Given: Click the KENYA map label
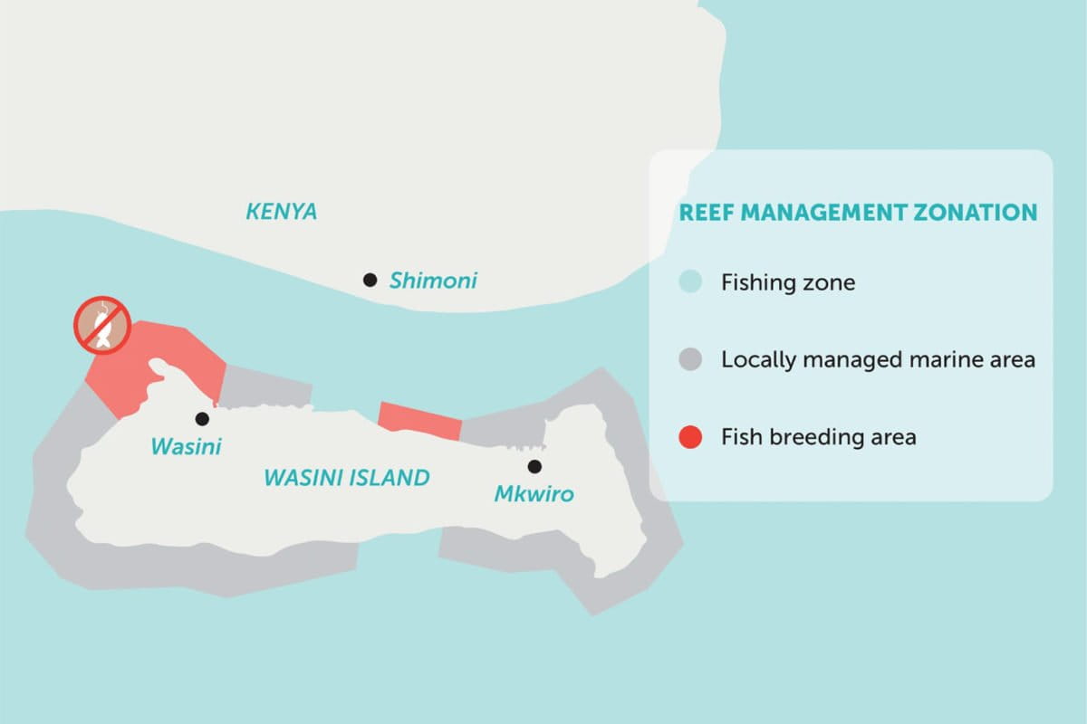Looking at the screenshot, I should tap(282, 213).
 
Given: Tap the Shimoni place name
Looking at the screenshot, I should tap(433, 281).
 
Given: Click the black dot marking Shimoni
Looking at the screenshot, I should tap(370, 281).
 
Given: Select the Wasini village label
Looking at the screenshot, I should tap(186, 446).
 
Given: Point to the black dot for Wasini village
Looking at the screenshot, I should tap(202, 418).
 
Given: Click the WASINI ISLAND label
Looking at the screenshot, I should tap(346, 478).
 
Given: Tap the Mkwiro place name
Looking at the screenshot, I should tap(534, 494).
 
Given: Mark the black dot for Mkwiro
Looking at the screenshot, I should tap(534, 466).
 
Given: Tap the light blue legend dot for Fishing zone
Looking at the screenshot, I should tap(690, 282).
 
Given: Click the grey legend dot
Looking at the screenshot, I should tap(690, 359).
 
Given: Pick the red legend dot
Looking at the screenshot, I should tap(690, 437).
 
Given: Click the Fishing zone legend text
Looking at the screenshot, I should tap(787, 282).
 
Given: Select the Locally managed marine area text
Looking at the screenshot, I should tap(877, 359).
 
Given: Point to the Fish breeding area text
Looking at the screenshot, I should tap(818, 437).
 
